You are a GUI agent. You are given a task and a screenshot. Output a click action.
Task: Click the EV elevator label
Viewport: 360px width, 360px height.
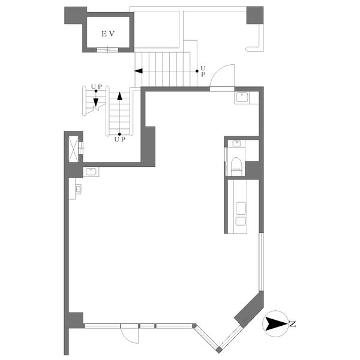click(x=108, y=34)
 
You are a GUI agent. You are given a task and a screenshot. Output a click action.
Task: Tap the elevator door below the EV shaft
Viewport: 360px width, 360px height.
click(x=107, y=50)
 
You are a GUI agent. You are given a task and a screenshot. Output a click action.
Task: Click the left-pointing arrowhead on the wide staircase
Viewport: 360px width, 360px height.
click(x=139, y=71)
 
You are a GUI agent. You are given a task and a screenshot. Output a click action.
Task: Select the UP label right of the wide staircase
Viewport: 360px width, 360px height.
click(x=203, y=71)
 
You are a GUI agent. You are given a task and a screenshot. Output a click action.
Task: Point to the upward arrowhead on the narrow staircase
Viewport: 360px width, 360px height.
click(x=119, y=96)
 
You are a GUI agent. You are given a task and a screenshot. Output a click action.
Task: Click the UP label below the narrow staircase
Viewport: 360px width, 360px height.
click(x=120, y=139)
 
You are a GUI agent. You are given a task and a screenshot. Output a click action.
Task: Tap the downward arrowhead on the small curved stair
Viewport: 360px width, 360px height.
click(x=96, y=102)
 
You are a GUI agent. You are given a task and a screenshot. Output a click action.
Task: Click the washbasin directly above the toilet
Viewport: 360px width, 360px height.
click(x=236, y=143)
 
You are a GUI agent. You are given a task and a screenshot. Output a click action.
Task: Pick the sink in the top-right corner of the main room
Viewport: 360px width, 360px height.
click(x=242, y=97)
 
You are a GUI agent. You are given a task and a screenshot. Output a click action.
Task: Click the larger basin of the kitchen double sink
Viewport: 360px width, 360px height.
click(x=241, y=208)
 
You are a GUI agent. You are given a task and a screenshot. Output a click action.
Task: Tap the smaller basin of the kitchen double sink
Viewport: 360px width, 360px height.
click(x=241, y=221)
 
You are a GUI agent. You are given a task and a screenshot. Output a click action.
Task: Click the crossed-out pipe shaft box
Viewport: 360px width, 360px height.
click(x=74, y=149)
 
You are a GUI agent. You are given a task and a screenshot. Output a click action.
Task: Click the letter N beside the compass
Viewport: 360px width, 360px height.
click(x=292, y=324)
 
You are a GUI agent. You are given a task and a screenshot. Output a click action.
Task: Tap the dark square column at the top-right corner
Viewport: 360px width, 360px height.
click(x=255, y=15)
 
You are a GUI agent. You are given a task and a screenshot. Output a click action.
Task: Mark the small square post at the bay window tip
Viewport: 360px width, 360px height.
click(x=219, y=350)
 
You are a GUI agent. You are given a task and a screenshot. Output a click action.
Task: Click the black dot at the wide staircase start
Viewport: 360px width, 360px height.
click(x=197, y=71)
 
